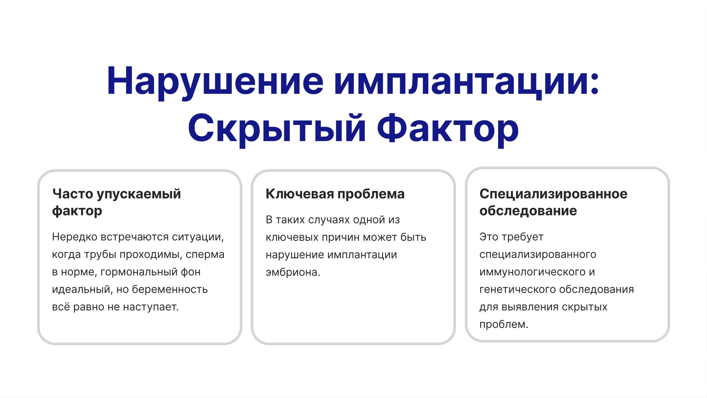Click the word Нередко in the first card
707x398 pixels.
(75, 237)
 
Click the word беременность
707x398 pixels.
(170, 290)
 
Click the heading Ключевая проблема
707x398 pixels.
(335, 194)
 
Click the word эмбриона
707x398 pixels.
(293, 272)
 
